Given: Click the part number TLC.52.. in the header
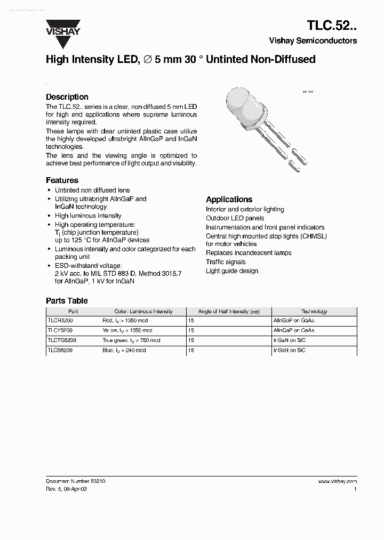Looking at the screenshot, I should [x=332, y=25].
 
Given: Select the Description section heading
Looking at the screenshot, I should [x=67, y=97].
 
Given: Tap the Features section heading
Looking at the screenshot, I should [x=62, y=180].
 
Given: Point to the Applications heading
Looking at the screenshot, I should [x=229, y=199].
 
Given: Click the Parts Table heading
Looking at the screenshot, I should [x=67, y=301].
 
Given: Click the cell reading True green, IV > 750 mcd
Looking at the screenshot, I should [x=131, y=340].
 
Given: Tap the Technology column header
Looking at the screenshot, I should [x=314, y=311].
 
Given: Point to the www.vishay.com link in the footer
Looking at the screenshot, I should [x=337, y=481].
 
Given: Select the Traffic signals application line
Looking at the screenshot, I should [x=226, y=262].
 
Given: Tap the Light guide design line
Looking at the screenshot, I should [x=231, y=271].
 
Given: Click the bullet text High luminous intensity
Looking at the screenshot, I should [x=88, y=216].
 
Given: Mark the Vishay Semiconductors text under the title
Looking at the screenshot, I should [x=313, y=41].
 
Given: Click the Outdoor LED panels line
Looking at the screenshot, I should [x=235, y=218].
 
